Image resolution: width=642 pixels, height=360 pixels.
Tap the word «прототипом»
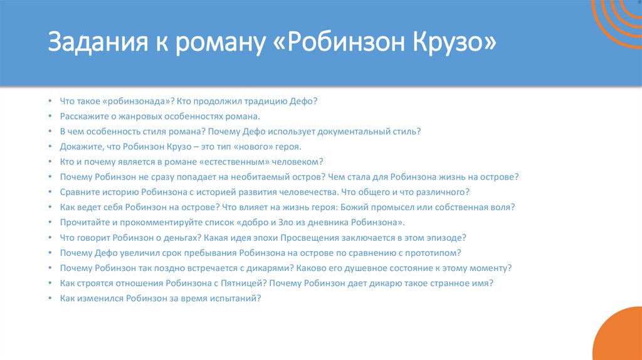pyautogui.click(x=431, y=253)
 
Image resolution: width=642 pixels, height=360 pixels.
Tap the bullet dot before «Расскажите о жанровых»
pyautogui.click(x=50, y=117)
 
